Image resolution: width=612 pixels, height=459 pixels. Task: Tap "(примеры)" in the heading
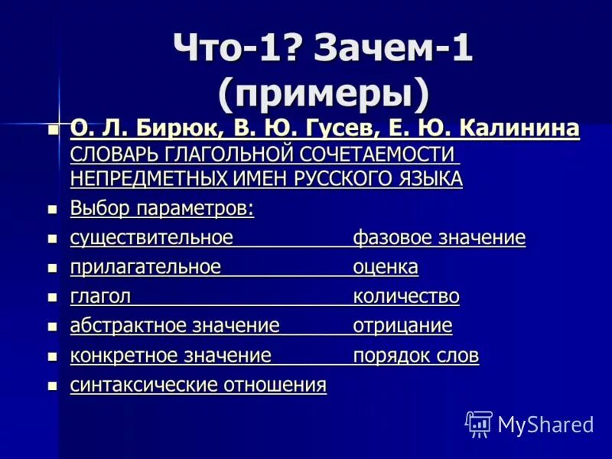coord(324,94)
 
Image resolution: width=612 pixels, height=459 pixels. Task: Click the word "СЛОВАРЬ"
coord(110,154)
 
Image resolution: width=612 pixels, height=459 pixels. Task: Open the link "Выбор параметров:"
coord(162,208)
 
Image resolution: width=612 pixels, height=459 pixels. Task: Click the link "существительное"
coord(151,238)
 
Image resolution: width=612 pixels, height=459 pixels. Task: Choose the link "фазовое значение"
coord(439,238)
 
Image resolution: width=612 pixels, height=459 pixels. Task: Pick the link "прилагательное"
coord(145,267)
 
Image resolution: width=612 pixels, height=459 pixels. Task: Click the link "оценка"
coord(386,267)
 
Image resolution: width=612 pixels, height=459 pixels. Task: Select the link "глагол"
coord(100,296)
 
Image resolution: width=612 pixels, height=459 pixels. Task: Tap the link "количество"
coord(406,296)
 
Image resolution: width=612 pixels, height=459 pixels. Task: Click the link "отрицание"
coord(402,326)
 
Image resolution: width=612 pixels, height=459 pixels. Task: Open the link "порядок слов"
coord(416,356)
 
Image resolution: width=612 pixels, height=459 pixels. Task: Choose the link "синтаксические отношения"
coord(198,385)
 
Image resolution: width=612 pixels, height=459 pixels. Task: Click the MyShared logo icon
coord(479,423)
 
